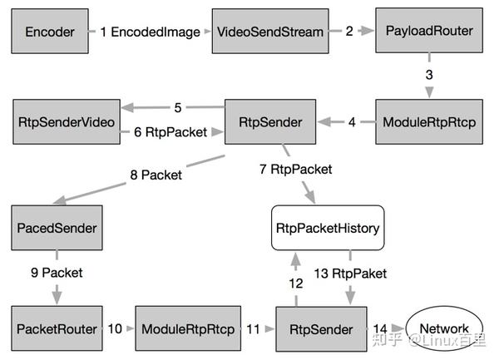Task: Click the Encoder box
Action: tap(49, 32)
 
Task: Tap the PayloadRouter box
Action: tap(429, 32)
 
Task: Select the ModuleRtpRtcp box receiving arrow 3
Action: tap(429, 122)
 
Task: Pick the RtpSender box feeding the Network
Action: tap(320, 329)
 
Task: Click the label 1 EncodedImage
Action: tap(150, 32)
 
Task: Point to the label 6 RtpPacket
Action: tap(170, 131)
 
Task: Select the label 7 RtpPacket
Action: tap(295, 170)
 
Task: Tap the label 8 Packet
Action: tap(155, 175)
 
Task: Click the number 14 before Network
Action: tap(380, 329)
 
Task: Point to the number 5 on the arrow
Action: tap(178, 107)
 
